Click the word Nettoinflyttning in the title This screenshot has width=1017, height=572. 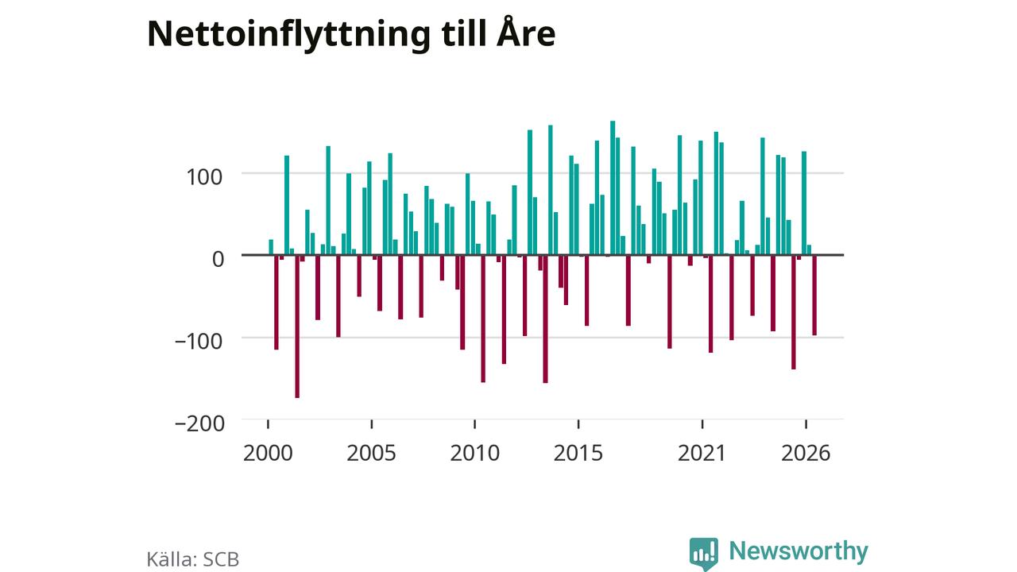(288, 35)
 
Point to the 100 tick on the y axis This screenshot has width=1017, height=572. (204, 177)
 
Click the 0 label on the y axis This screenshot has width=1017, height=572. (218, 259)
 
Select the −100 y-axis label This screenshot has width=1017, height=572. (199, 342)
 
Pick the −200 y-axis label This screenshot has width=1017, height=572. (199, 423)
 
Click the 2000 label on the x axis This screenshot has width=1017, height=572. (268, 453)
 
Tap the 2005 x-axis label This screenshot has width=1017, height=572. (371, 453)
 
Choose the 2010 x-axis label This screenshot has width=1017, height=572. (475, 453)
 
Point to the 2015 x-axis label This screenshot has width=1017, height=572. (578, 453)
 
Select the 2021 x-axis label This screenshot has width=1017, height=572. (702, 453)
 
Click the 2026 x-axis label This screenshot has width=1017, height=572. (806, 453)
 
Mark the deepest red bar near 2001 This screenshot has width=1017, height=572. (297, 327)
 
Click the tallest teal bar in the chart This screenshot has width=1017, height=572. (613, 188)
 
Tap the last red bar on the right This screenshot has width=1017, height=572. (814, 296)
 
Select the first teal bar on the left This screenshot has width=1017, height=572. (271, 247)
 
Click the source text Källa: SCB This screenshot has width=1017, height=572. (193, 558)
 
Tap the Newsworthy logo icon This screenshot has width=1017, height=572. (704, 554)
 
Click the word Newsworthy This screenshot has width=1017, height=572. (799, 551)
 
